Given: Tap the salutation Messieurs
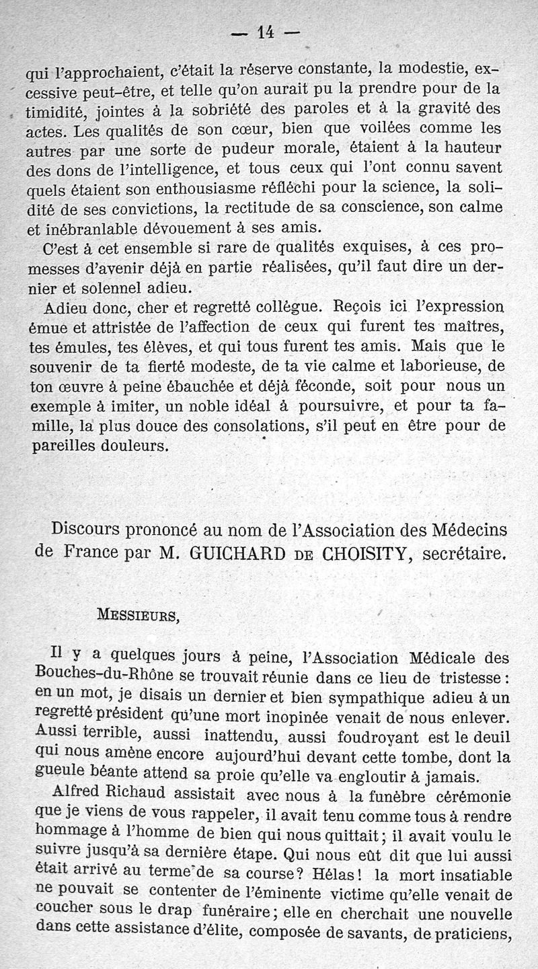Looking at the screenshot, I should tap(139, 615).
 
